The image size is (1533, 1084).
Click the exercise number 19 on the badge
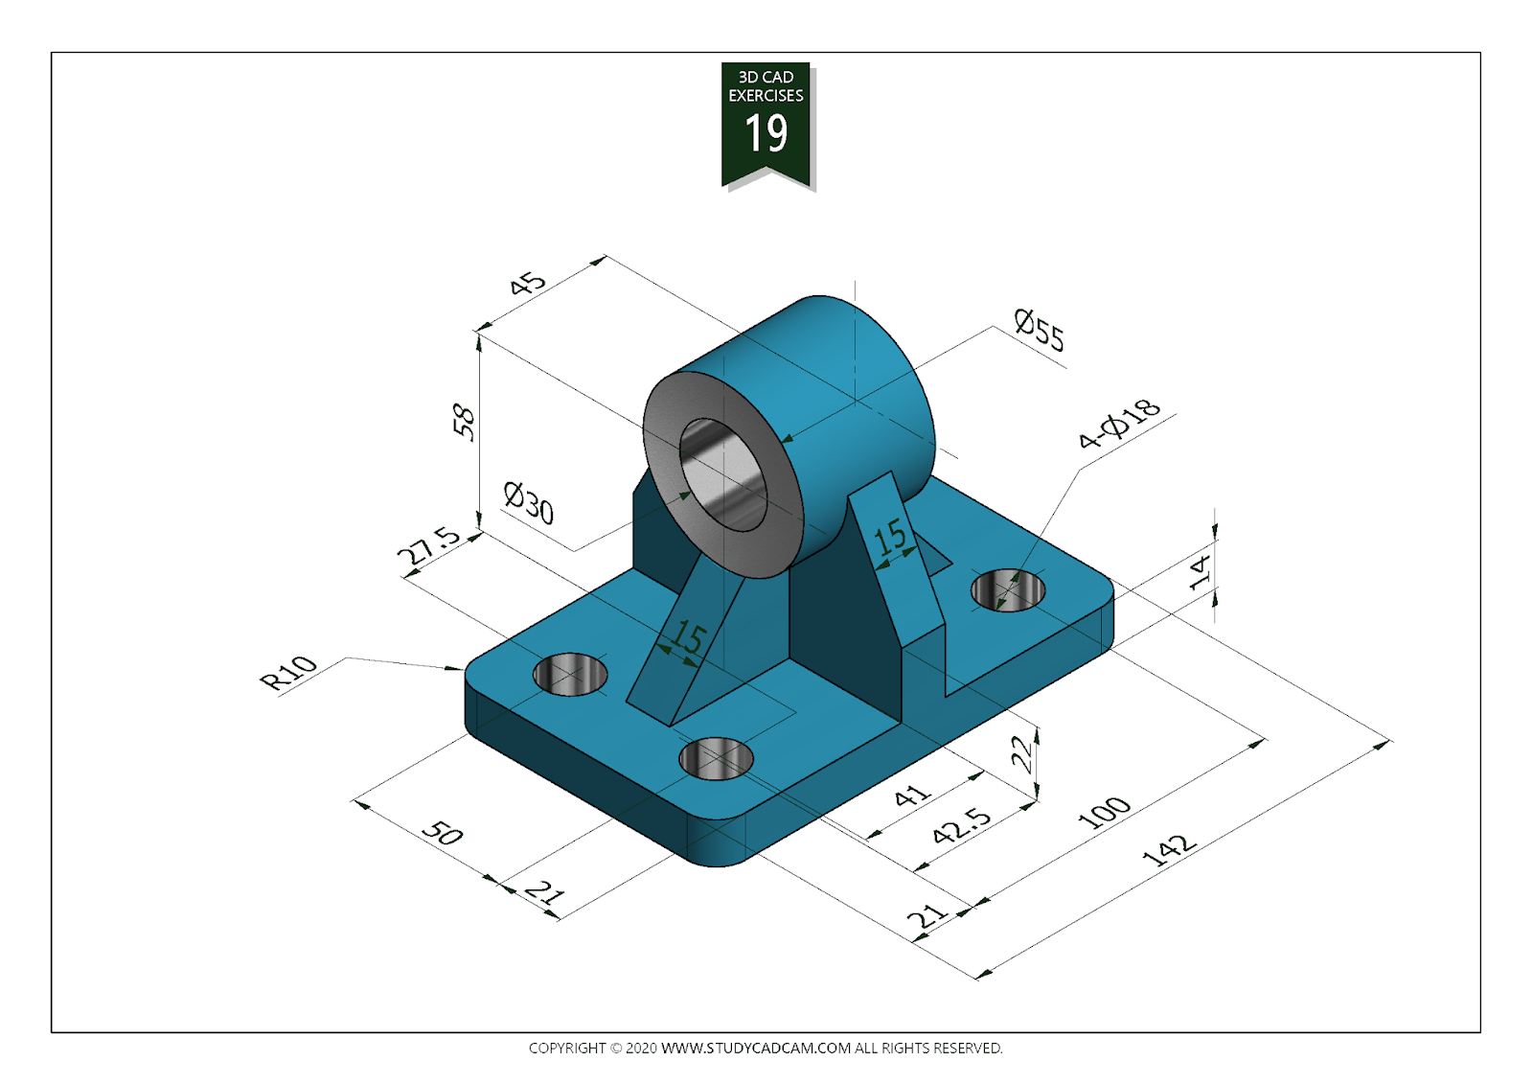pos(766,133)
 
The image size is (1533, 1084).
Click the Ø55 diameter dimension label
pos(1039,330)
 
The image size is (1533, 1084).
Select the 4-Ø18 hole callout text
pos(1118,424)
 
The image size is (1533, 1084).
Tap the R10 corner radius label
pos(288,672)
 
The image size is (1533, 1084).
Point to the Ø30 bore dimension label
pos(529,502)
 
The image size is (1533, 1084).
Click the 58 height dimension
pos(463,422)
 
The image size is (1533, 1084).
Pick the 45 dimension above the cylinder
pos(527,284)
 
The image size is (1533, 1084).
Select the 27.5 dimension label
pos(428,545)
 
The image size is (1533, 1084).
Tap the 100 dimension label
pos(1104,812)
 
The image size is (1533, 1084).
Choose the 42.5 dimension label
pos(962,824)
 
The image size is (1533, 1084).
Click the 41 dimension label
pos(911,796)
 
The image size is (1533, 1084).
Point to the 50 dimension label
pos(443,832)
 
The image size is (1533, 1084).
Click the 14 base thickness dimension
pos(1200,571)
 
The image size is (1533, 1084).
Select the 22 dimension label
pos(1022,752)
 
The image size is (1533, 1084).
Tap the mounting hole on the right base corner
pos(1008,589)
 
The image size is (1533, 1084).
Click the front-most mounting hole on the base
pos(716,759)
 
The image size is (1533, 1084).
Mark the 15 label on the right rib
pos(890,537)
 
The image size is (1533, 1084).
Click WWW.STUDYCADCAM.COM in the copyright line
pos(755,1048)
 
